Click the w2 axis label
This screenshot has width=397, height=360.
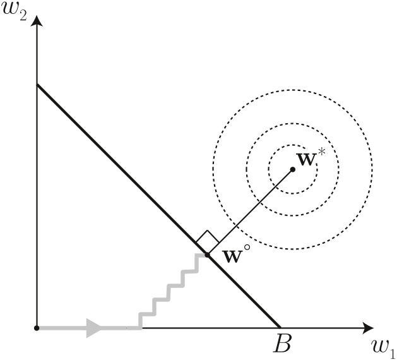click(x=14, y=12)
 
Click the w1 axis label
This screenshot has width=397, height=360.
click(x=383, y=348)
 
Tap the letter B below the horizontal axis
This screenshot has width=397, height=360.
click(x=282, y=344)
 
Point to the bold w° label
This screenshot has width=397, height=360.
click(x=236, y=254)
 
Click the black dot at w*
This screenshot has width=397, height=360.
click(x=292, y=169)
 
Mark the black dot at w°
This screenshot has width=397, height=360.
click(x=208, y=255)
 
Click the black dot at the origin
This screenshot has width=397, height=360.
click(x=37, y=328)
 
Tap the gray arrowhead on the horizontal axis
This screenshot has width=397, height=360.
click(x=94, y=328)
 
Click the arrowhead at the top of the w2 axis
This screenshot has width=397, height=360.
click(x=37, y=21)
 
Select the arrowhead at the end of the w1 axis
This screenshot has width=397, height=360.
click(x=367, y=328)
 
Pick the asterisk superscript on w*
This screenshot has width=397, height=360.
click(x=321, y=152)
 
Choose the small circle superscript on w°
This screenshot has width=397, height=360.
click(x=247, y=247)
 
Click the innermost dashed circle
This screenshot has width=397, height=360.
click(x=292, y=145)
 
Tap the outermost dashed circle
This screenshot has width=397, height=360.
click(x=292, y=90)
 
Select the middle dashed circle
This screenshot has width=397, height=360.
click(x=292, y=124)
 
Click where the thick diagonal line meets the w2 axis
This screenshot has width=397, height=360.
click(x=37, y=85)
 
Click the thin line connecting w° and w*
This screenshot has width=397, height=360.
click(x=250, y=212)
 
